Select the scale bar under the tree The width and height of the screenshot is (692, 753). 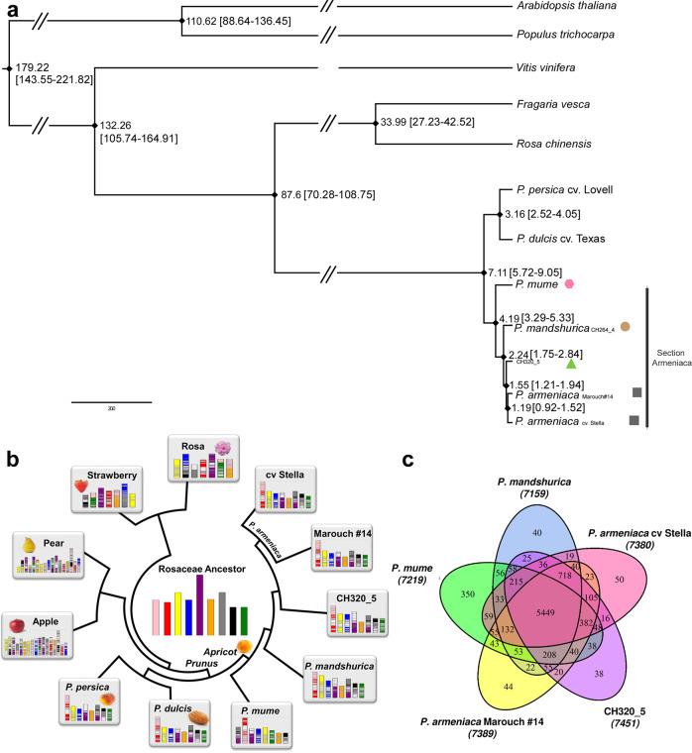pyautogui.click(x=111, y=402)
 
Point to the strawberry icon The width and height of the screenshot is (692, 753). pyautogui.click(x=82, y=486)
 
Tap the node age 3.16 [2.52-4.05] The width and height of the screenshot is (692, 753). pyautogui.click(x=534, y=213)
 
